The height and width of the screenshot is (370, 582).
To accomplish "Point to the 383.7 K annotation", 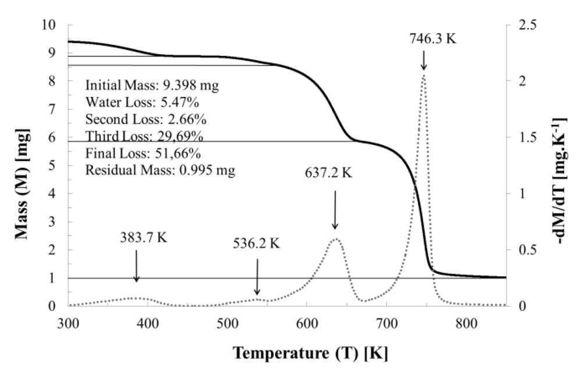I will pos(144,239).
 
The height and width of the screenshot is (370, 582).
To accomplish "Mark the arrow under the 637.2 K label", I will pos(335,209).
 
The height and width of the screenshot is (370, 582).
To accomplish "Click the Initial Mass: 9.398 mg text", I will pos(152,85).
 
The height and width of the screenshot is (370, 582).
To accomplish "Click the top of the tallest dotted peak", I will pos(424,74).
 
